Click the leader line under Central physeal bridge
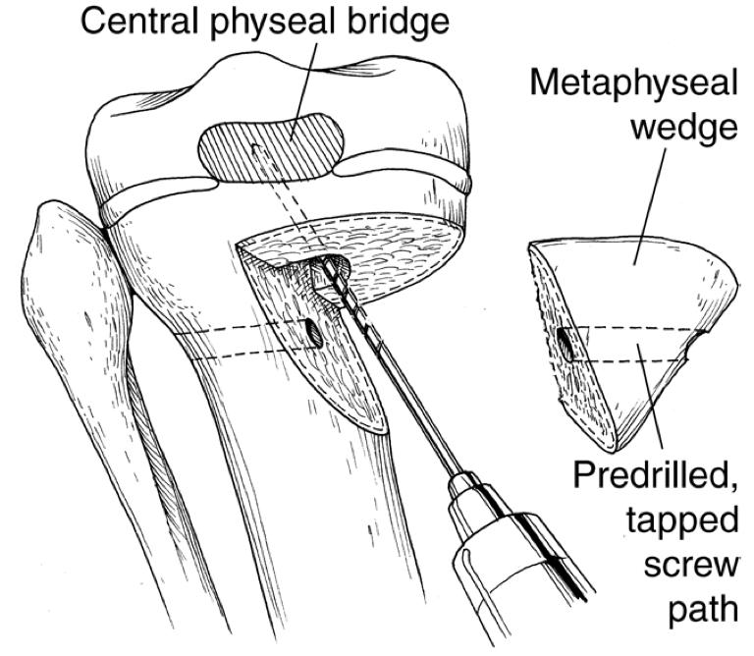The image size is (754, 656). click(308, 83)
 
